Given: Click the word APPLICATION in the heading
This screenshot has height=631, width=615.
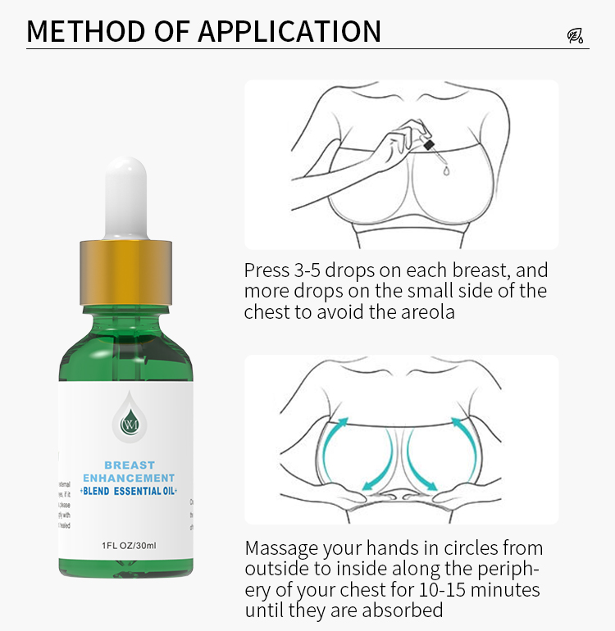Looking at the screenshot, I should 289,31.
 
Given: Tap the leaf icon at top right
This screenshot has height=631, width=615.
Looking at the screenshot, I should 575,35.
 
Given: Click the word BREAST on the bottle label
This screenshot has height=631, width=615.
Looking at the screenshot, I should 130,465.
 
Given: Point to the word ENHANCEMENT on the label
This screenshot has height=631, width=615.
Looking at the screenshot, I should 130,478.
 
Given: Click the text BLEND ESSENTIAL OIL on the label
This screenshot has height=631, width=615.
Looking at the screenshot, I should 130,491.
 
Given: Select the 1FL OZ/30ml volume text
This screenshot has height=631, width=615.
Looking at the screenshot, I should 130,544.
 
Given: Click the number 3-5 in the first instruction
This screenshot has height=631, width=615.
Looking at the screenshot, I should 307,270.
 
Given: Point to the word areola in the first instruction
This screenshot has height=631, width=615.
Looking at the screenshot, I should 426,312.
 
